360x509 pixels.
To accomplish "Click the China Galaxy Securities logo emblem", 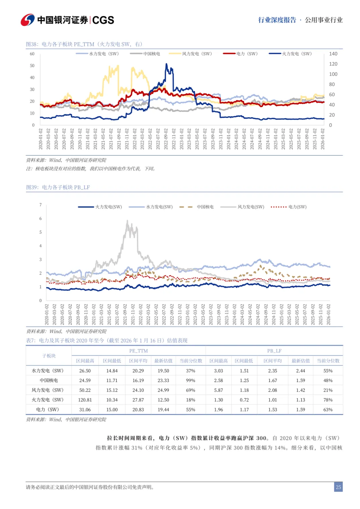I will pos(28,20).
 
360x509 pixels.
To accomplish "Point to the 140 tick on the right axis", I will pos(333,54).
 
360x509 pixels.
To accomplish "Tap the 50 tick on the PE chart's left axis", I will pos(32,66).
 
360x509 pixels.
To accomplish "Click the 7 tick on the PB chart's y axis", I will pos(41,205).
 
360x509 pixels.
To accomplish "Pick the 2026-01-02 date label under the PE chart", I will pos(323,139).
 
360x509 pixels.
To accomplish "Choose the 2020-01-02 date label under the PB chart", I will pos(47,314).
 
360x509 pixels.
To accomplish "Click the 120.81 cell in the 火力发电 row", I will pos(85,400).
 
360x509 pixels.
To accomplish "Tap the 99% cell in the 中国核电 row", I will pos(190,380).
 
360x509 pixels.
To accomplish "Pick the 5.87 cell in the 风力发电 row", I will pos(218,390).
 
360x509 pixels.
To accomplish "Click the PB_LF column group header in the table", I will pos(274,351).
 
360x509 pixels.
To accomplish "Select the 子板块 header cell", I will pos(49,356).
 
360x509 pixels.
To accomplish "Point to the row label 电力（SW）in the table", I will pos(49,409).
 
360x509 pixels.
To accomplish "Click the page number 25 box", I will pos(338,487).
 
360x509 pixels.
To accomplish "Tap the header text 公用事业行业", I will pos(324,20).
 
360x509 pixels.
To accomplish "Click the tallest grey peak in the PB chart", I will pos(127,221).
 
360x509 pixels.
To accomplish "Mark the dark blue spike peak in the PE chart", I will pos(167,64).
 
